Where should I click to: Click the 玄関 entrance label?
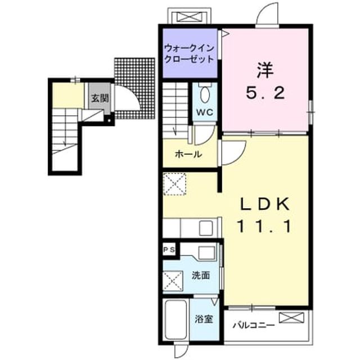coord(100,98)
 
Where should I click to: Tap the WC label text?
coord(205,112)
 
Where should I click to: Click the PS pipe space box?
coord(169,250)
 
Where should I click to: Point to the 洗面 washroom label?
coord(201,275)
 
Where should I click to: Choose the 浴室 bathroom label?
coord(204,319)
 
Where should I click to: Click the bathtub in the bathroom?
coord(175,320)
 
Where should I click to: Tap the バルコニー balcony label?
coord(254,325)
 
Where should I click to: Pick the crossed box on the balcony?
coord(291,318)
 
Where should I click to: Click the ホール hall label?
coord(188,154)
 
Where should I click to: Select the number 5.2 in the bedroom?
coord(265,93)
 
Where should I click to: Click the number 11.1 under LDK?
coord(264,226)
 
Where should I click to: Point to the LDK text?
coord(264,204)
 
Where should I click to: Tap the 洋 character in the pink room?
coord(265,70)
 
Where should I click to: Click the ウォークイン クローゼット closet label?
coord(190,54)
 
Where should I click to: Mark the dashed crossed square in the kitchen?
coord(174,184)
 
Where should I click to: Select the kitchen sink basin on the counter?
coord(206,228)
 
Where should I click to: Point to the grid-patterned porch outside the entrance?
coord(134,88)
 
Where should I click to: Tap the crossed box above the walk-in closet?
coord(190,17)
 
